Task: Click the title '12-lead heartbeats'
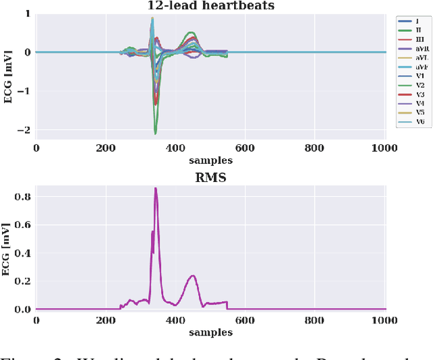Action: point(211,5)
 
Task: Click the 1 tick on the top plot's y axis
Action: point(27,14)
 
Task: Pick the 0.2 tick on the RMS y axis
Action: point(23,281)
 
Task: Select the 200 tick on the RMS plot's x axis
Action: point(106,321)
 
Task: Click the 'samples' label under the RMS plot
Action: point(211,332)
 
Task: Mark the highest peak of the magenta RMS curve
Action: point(156,189)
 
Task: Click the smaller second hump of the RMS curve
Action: point(193,275)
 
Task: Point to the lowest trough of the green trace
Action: point(156,133)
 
